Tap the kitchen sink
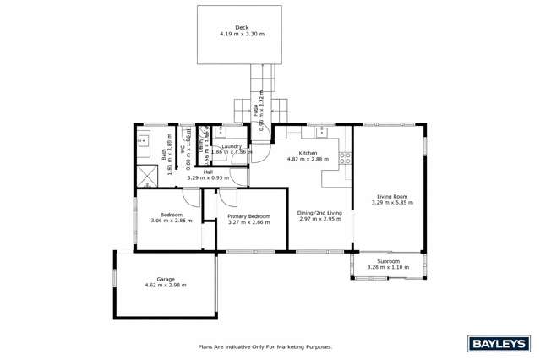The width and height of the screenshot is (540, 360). (321, 133)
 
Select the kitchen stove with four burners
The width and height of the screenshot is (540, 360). (345, 155)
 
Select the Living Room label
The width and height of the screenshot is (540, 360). (389, 196)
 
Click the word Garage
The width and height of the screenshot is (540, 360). (166, 278)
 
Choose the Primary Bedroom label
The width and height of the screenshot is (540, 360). (248, 215)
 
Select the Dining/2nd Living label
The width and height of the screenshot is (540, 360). (319, 212)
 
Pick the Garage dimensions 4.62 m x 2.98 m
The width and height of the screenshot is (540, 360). (166, 285)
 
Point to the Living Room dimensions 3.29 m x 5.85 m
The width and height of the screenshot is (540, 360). (389, 203)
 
